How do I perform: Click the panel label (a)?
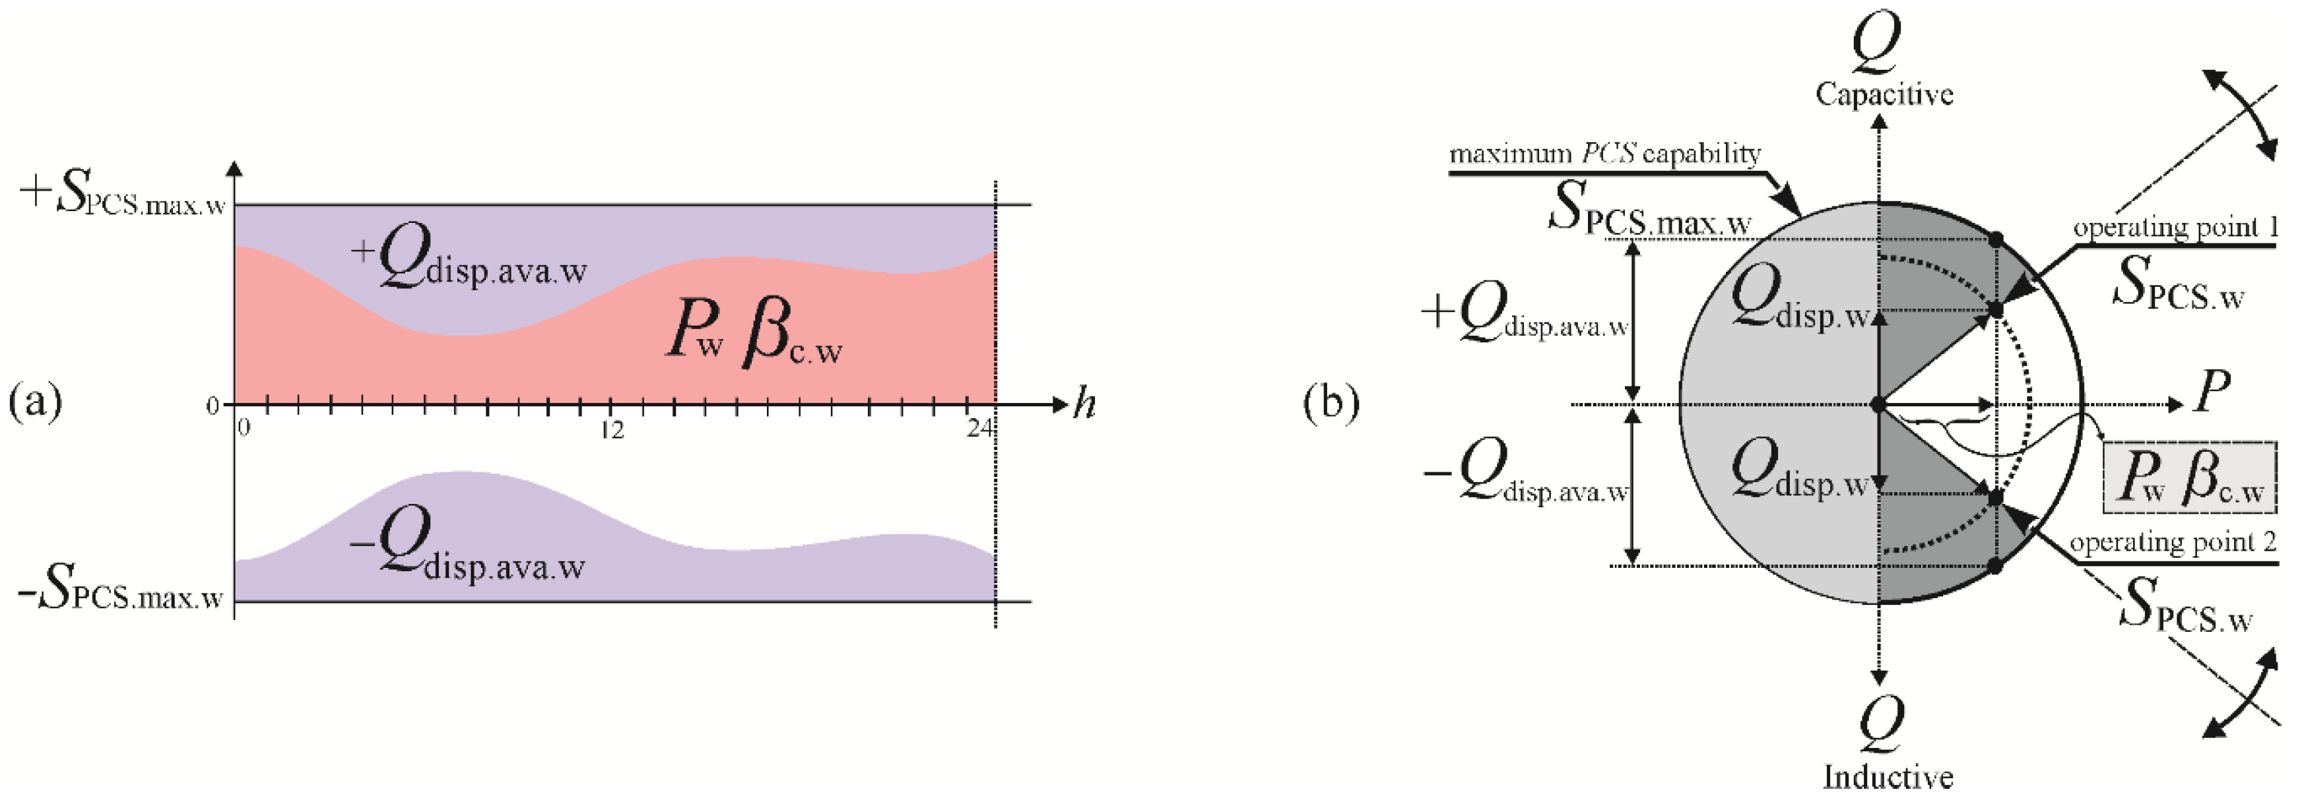(36, 402)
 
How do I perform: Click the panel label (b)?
(1331, 402)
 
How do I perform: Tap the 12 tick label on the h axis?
(612, 430)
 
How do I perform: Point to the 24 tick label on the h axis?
(979, 429)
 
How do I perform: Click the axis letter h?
(1084, 405)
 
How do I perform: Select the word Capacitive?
(1884, 94)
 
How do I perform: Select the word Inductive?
(1887, 776)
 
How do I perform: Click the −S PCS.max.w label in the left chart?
(121, 594)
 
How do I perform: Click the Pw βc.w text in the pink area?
(754, 339)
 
